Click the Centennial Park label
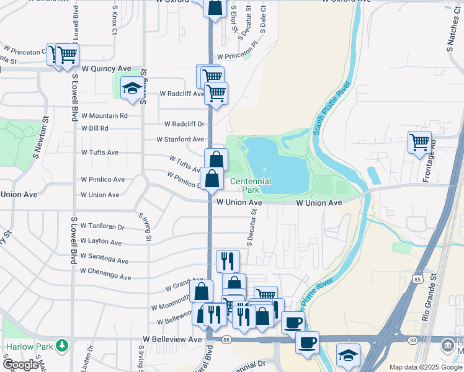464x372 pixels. tap(251, 185)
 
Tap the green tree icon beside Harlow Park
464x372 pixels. tap(62, 345)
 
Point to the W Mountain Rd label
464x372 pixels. tap(104, 115)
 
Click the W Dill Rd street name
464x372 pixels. tap(95, 128)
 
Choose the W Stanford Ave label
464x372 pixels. tap(180, 139)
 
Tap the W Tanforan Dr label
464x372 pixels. tap(102, 228)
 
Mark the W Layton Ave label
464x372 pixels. tap(101, 242)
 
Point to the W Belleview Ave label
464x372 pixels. tap(172, 340)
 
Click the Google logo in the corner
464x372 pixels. tap(20, 365)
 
